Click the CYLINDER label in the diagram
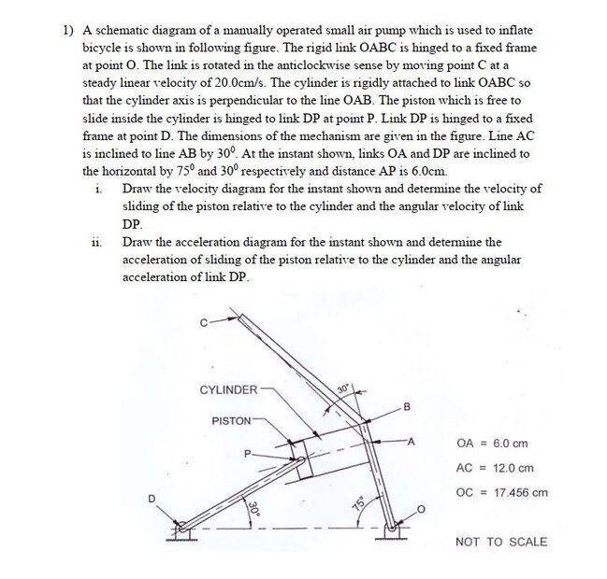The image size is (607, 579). coord(228,389)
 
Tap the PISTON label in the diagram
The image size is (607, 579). coord(230,421)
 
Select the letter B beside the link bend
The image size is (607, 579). coord(407,405)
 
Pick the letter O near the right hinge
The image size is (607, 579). coord(422,510)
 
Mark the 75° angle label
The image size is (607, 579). coord(356,504)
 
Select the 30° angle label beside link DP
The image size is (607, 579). coord(253,510)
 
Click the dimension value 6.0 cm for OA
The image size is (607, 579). coord(507,444)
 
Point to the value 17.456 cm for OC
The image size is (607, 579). coord(514,493)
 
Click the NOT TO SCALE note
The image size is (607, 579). coord(501,542)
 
